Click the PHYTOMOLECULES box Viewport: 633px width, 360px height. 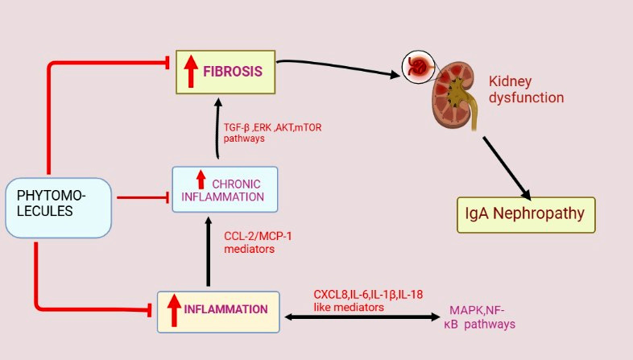coord(57,208)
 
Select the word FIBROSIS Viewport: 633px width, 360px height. coord(233,71)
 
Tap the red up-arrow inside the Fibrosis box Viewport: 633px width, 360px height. coord(191,71)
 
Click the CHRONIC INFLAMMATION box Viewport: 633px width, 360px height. coord(225,189)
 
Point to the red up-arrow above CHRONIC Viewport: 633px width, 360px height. coord(201,179)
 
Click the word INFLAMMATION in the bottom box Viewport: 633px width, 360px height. coord(225,309)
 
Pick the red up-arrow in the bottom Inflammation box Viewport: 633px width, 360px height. coord(173,311)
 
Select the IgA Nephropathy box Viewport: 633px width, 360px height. coord(525,214)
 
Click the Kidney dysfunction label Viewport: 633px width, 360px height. coord(526,89)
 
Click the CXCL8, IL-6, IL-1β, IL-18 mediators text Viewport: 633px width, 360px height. coord(368,300)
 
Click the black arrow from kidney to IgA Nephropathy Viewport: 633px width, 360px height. coord(507,168)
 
